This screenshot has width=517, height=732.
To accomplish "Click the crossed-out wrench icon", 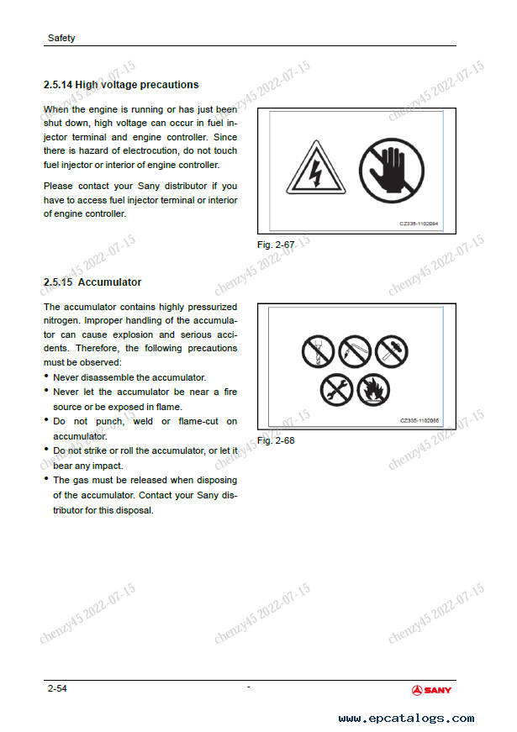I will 335,388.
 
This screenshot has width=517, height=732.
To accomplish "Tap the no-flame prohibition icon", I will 372,388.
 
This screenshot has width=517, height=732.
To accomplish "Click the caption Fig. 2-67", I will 273,245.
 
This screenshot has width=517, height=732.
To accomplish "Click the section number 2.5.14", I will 58,85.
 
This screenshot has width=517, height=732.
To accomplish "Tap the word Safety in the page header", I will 61,38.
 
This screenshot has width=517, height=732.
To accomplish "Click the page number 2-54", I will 57,689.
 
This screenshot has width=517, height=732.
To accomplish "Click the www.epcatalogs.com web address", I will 406,719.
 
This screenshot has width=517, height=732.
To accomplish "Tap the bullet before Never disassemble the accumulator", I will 46,377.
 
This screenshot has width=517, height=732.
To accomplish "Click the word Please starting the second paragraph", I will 58,186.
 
